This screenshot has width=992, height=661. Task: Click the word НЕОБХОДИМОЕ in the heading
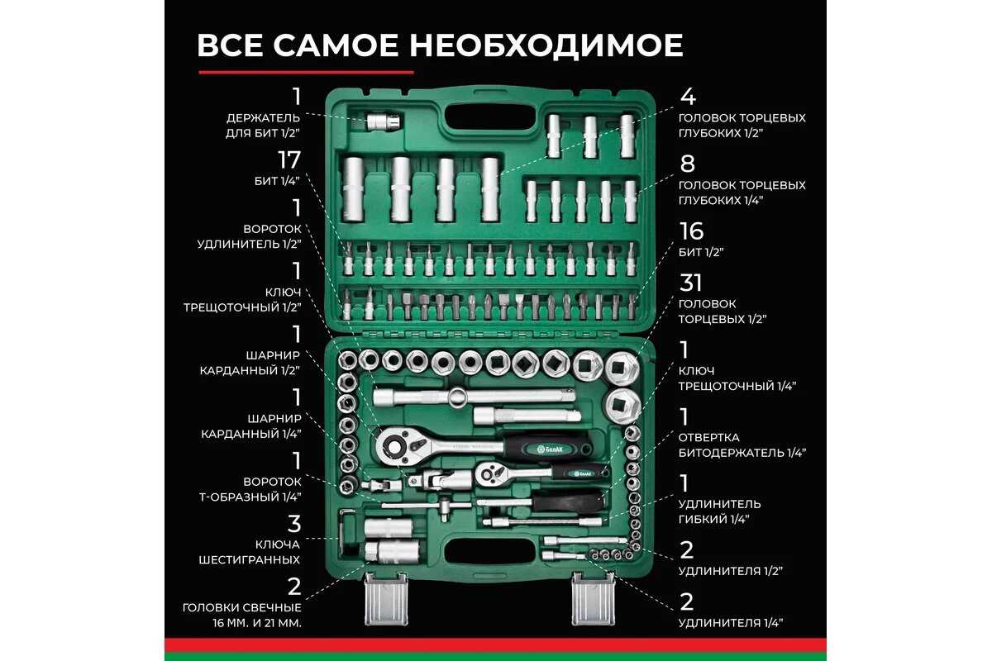point(546,45)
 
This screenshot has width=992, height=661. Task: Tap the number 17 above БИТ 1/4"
point(289,159)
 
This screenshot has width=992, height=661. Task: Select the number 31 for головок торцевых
point(690,283)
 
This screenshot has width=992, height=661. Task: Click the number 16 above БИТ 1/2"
point(691,231)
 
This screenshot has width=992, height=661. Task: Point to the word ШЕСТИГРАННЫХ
point(250,559)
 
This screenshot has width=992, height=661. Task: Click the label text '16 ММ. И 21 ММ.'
point(257,623)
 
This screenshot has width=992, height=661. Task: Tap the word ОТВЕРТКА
point(708,437)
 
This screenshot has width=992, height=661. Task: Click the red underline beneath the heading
point(306,72)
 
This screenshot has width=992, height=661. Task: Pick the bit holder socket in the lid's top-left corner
point(384,121)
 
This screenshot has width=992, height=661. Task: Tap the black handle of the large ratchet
point(549,449)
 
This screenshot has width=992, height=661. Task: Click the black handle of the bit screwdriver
point(568,502)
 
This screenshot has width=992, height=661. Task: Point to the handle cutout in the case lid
point(489,117)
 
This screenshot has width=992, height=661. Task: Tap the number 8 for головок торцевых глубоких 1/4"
point(687,164)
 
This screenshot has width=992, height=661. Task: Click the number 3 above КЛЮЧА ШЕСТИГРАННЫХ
point(294,524)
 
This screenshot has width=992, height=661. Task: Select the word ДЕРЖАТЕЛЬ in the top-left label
point(263,118)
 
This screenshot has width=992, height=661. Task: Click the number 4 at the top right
point(688,97)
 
